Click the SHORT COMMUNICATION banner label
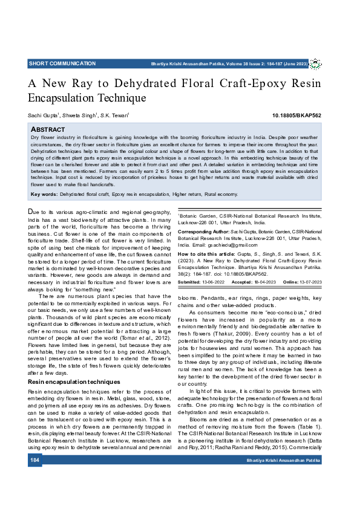62,63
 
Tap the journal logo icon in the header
316,64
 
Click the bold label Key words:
44,194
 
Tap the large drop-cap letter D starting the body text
32,212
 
